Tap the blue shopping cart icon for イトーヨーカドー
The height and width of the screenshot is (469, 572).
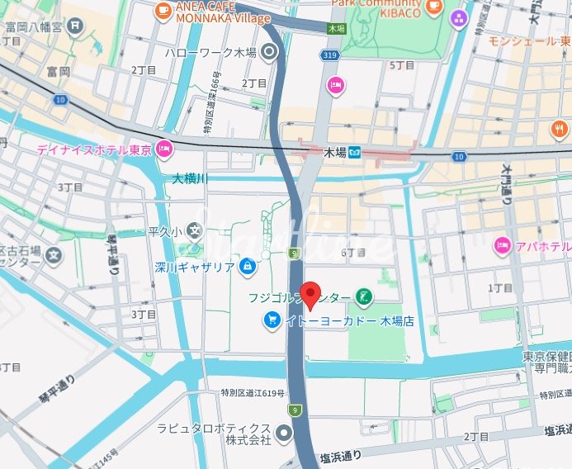point(271,320)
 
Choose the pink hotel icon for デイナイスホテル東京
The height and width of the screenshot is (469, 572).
point(164,149)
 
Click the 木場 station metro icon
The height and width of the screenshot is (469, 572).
point(355,152)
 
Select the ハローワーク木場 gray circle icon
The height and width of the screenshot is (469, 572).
point(269,52)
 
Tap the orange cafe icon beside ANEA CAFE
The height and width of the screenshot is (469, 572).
point(163,10)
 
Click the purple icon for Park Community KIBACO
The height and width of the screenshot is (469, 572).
point(458,16)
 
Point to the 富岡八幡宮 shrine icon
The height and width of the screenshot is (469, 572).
point(76,26)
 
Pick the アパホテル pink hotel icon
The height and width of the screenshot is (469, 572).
point(501,245)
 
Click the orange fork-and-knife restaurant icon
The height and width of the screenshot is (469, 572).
point(560,129)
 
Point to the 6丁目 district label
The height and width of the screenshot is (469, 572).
point(352,252)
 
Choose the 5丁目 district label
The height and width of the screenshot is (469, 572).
point(401,64)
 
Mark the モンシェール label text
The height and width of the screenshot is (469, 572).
point(522,40)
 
